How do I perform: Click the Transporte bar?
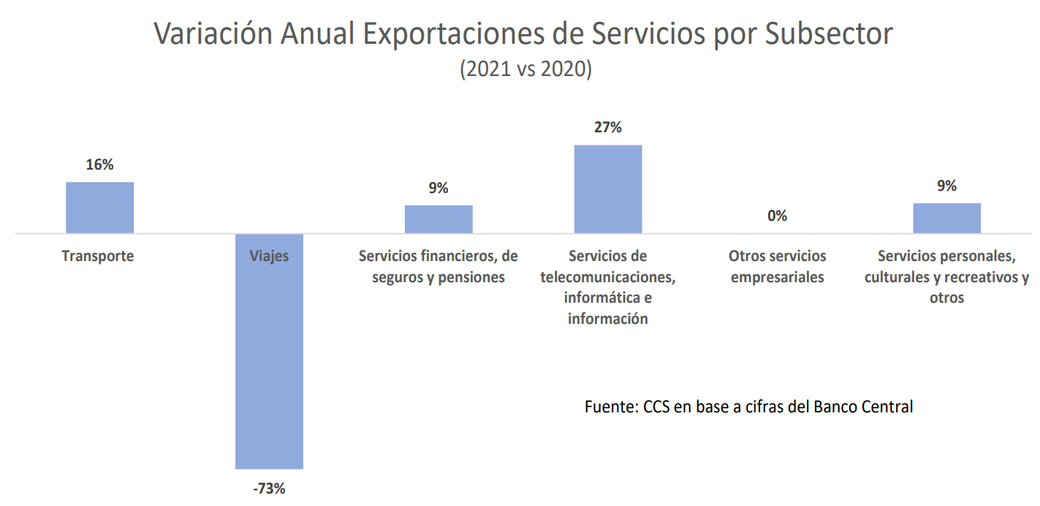pos(99,208)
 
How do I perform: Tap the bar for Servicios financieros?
pos(439,219)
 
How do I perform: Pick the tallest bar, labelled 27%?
pos(608,189)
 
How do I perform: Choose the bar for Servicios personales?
pos(946,218)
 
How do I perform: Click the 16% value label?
pos(99,165)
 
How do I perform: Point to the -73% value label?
pos(269,488)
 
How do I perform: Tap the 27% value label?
pos(608,127)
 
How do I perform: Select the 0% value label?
pos(777,216)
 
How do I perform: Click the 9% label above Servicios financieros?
pos(439,188)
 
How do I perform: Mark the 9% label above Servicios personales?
pos(946,186)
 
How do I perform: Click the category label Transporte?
pos(98,257)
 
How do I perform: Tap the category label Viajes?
pos(269,257)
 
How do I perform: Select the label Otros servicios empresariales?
pos(777,267)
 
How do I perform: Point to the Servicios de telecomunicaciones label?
pos(608,287)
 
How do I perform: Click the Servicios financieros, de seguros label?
pos(439,267)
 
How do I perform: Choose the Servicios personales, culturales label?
pos(946,277)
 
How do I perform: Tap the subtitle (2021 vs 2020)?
pos(525,69)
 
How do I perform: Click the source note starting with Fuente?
pos(748,407)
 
